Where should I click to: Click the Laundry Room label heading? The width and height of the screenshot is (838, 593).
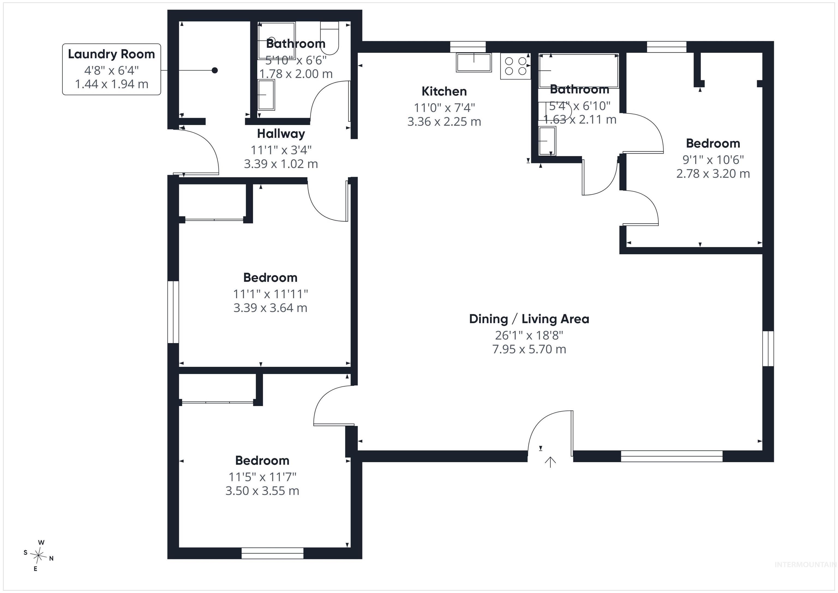[x=111, y=54]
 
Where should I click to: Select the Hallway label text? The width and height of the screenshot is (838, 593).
[x=281, y=134]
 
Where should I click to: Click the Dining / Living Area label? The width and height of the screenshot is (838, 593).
[x=529, y=319]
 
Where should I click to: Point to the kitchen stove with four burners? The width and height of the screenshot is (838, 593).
[x=515, y=66]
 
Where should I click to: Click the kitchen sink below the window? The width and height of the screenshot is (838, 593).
[x=474, y=62]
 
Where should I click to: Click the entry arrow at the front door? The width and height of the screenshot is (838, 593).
[x=550, y=462]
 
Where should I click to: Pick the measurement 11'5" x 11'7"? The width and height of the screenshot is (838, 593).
[x=262, y=477]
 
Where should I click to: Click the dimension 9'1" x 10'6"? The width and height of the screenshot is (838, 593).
[x=713, y=160]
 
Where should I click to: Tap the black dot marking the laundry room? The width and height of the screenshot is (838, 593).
[x=215, y=70]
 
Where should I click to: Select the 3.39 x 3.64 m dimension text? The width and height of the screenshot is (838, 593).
[x=270, y=308]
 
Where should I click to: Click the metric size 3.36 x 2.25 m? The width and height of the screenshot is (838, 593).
[x=444, y=122]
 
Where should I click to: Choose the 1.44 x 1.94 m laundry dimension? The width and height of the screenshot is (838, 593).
[x=111, y=84]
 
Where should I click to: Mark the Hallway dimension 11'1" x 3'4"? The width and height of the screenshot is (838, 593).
[x=281, y=150]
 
